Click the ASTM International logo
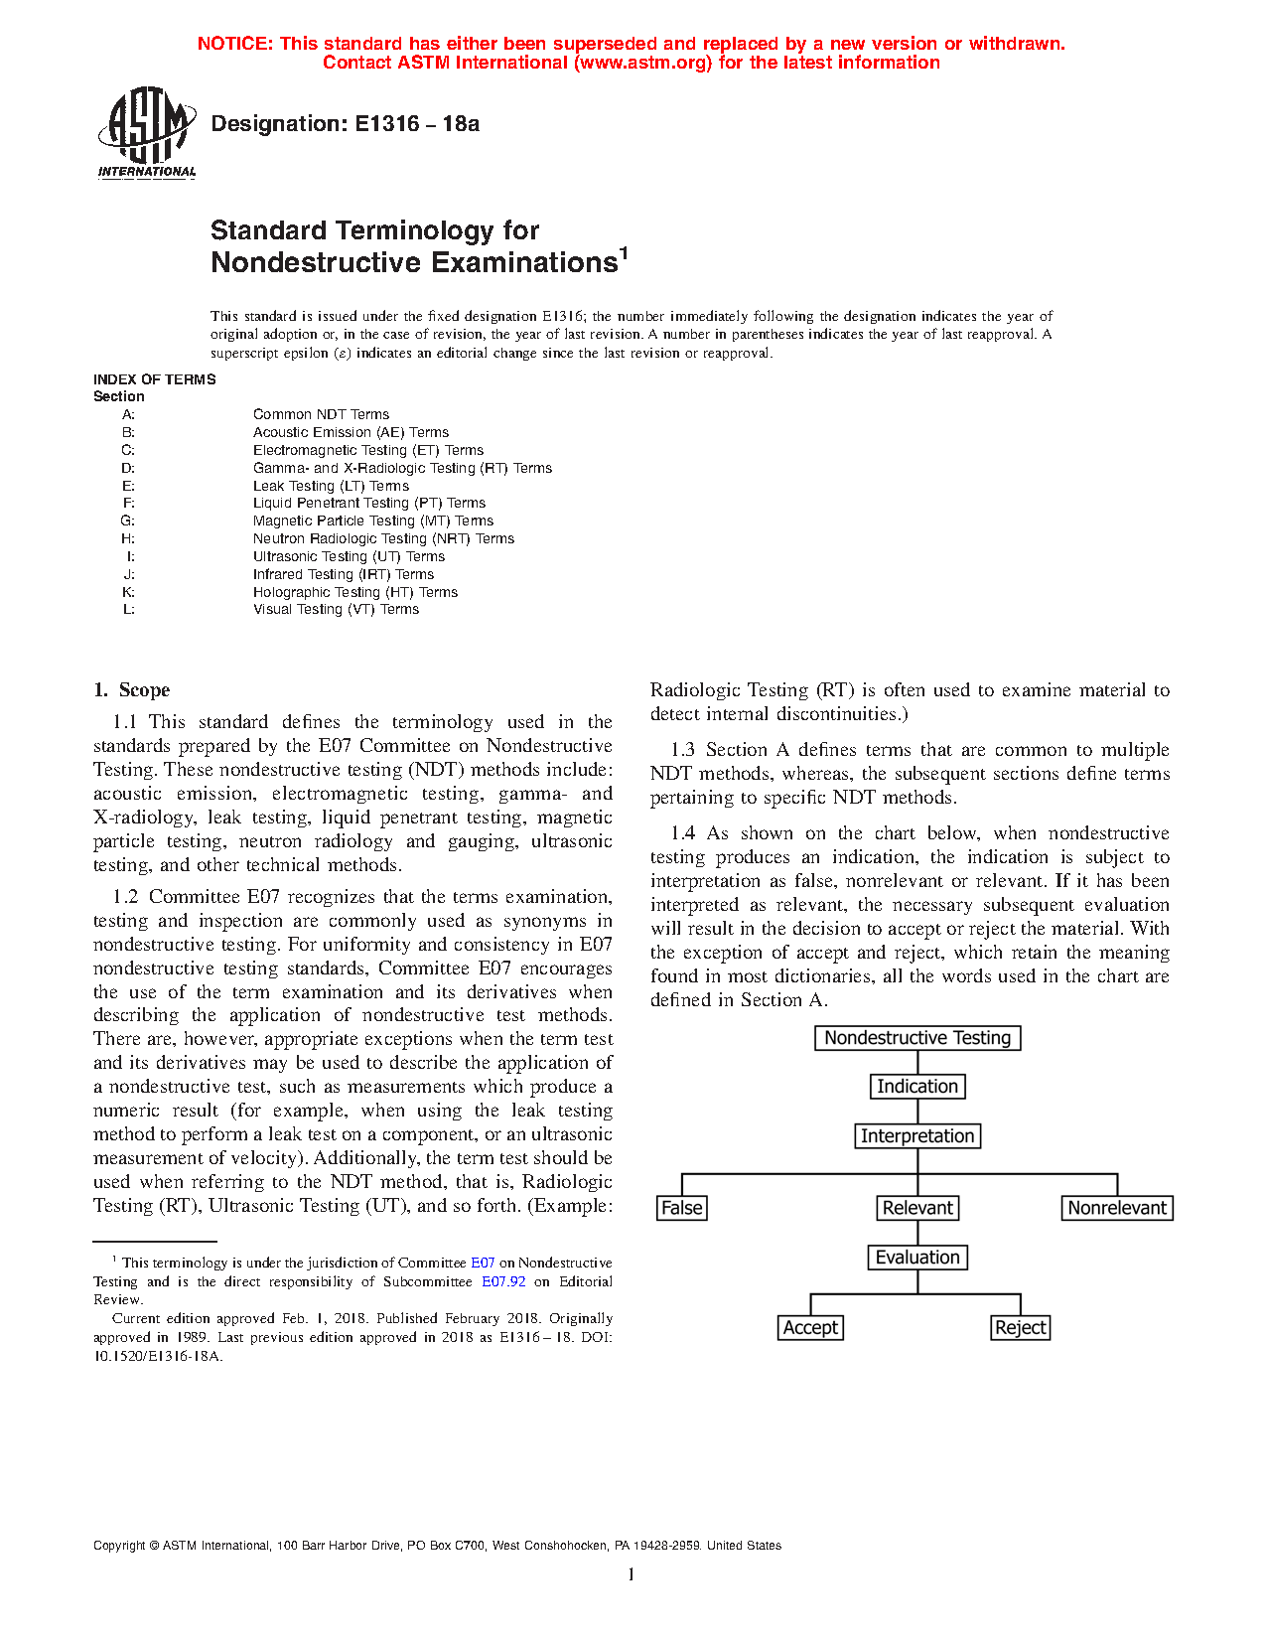tap(146, 132)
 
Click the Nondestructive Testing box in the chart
tap(917, 1038)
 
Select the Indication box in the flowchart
tap(917, 1087)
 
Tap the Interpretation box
tap(917, 1136)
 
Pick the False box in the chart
tap(682, 1208)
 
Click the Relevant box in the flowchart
tap(917, 1208)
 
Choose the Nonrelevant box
tap(1117, 1208)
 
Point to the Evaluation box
tap(917, 1258)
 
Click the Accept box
tap(811, 1328)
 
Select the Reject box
tap(1021, 1328)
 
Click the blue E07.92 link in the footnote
tap(503, 1281)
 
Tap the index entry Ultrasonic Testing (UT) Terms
tap(349, 556)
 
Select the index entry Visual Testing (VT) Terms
tap(336, 609)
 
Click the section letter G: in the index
tap(128, 521)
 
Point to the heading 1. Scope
tap(132, 690)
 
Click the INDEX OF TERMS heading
tap(154, 379)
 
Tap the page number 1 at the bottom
tap(631, 1574)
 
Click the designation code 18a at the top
tap(461, 124)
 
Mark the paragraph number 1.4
tap(683, 833)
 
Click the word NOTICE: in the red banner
tap(234, 44)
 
